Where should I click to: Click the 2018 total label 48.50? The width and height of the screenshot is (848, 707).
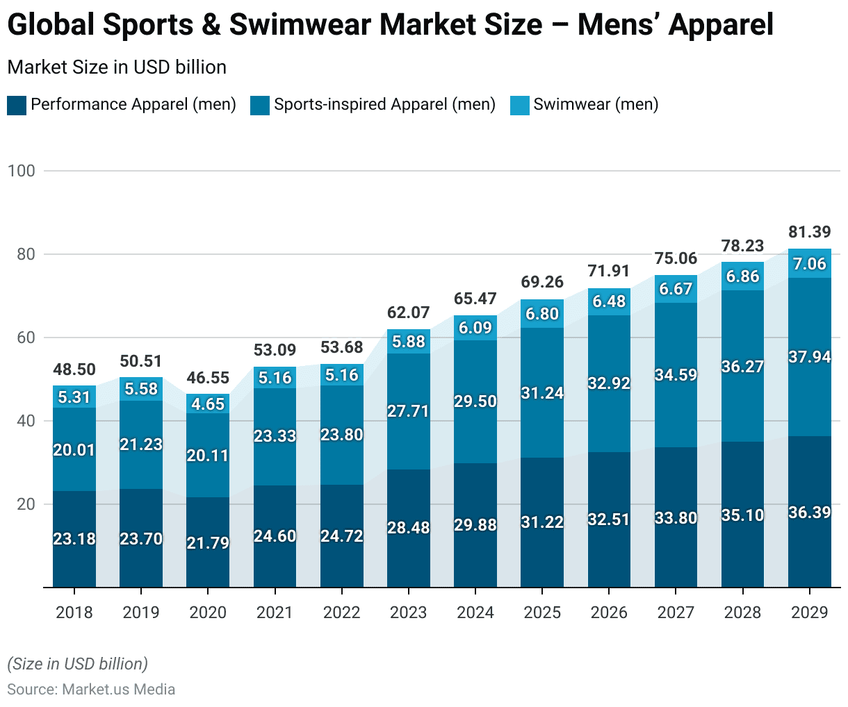(74, 369)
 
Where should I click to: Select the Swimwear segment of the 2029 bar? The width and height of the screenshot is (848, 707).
(809, 263)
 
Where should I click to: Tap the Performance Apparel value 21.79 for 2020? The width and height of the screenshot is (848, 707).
(208, 542)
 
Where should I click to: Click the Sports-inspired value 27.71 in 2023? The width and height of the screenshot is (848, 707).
(409, 411)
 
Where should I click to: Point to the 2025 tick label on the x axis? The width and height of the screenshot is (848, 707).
(542, 613)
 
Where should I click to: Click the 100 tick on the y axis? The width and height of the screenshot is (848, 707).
(21, 171)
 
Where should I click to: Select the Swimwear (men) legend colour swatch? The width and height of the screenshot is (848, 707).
(520, 106)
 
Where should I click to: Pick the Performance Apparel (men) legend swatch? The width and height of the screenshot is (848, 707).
(17, 106)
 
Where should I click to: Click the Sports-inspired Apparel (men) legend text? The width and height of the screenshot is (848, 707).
(384, 105)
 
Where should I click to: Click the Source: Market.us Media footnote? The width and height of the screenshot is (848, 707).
(91, 690)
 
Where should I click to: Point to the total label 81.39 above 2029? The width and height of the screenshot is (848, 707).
(809, 232)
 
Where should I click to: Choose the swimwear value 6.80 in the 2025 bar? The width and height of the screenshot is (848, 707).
(542, 314)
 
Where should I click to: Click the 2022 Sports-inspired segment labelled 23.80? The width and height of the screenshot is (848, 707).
(342, 435)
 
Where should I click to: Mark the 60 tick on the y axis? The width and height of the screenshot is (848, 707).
(25, 338)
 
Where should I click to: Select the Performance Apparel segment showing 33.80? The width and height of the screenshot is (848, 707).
(676, 517)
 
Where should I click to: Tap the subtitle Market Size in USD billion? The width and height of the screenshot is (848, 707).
(117, 67)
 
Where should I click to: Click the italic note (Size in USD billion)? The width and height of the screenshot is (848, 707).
(78, 664)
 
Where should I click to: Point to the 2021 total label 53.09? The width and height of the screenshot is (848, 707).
(275, 350)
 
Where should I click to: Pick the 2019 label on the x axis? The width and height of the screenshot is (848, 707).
(141, 613)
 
